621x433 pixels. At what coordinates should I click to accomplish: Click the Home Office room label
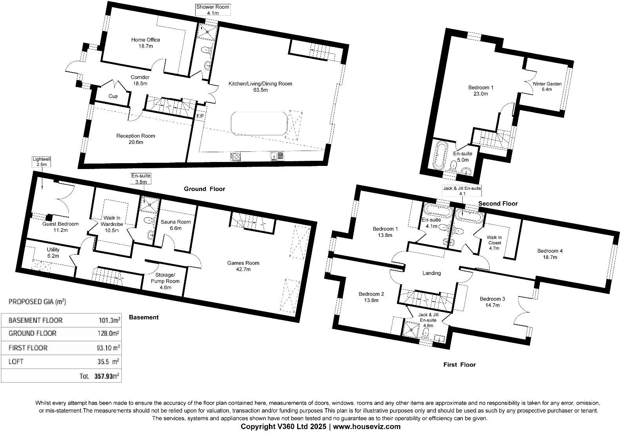pos(145,43)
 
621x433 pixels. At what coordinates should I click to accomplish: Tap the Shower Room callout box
pos(212,10)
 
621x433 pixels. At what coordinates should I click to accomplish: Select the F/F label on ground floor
pos(200,116)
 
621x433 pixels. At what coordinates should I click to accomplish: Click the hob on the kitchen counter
pos(236,156)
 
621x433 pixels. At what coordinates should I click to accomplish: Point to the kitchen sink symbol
pos(277,156)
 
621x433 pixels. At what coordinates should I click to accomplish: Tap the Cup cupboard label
pos(113,96)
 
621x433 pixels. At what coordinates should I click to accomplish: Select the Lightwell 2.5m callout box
pos(42,162)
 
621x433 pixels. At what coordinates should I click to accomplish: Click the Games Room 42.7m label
pos(243,266)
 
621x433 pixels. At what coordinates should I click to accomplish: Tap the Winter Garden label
pos(547,86)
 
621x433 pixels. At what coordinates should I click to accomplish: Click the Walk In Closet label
pos(494,242)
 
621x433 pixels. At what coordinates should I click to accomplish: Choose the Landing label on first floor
pos(431,273)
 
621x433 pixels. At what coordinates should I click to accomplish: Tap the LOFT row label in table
pos(16,362)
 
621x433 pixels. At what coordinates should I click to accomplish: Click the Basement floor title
pos(143,317)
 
